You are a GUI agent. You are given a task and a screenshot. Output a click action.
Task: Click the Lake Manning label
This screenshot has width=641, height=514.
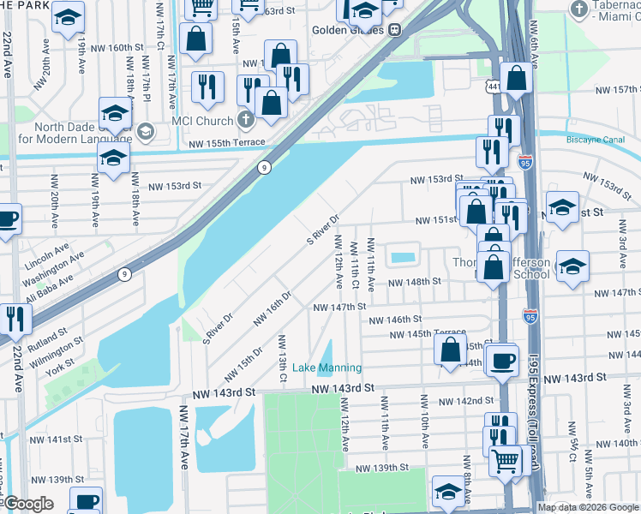[x=326, y=368]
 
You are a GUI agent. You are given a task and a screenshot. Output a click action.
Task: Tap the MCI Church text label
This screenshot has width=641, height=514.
[x=202, y=121]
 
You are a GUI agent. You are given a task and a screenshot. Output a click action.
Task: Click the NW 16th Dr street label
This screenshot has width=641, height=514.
[x=273, y=307]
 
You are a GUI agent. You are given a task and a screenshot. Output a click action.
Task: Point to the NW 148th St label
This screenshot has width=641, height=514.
[x=414, y=281]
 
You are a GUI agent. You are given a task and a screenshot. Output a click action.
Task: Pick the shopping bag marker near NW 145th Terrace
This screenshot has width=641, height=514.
[x=450, y=349]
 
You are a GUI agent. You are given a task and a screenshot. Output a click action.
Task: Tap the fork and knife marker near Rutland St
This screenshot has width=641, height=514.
[x=15, y=318]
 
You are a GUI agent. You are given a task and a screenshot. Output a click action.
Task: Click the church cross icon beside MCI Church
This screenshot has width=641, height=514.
[x=245, y=120]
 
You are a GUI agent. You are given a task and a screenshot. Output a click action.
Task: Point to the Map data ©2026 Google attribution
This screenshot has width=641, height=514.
[x=588, y=507]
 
